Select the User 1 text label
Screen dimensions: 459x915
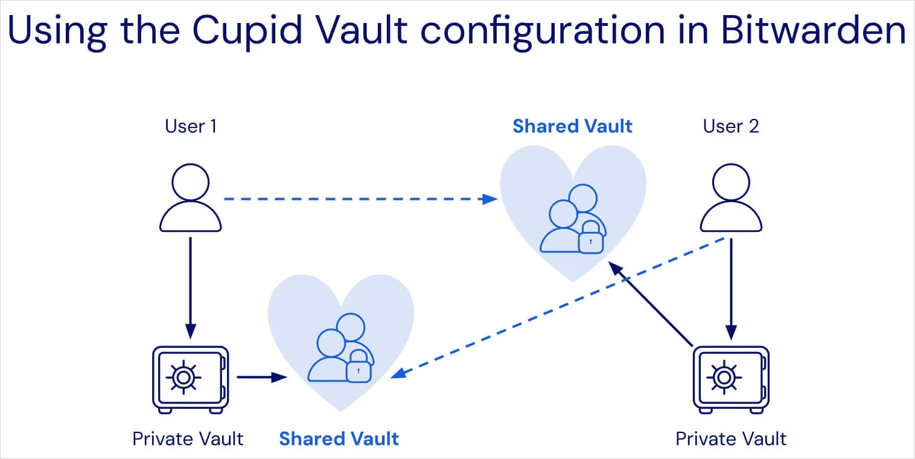click(191, 126)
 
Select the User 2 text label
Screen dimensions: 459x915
click(731, 126)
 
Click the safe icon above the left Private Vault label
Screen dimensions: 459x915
click(190, 379)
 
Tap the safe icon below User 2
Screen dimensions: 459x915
click(731, 379)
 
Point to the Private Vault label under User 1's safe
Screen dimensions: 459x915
click(188, 438)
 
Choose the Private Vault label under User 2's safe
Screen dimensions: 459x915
click(731, 438)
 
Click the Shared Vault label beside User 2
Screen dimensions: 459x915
click(572, 126)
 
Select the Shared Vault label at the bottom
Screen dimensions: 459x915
click(339, 438)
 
